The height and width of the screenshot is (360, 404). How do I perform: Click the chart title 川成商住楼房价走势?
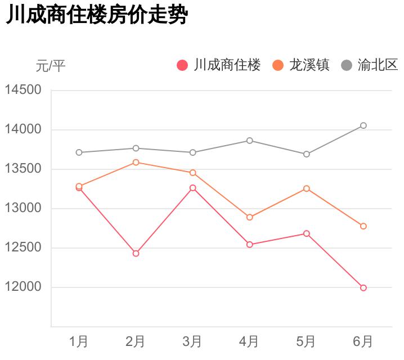[96, 16]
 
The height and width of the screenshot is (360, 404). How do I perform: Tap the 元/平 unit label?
[51, 66]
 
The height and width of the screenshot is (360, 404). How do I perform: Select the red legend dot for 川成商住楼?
[182, 65]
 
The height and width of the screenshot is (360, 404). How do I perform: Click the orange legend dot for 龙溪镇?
[278, 65]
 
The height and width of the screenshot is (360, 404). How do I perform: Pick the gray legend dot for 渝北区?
[347, 65]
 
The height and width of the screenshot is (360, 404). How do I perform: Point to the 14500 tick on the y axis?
[23, 90]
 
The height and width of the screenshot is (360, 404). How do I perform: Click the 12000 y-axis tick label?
[23, 287]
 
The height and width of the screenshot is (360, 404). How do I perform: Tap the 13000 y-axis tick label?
[23, 208]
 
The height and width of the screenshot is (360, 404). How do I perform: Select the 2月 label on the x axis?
[136, 341]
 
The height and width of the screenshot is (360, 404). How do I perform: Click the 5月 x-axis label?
[306, 341]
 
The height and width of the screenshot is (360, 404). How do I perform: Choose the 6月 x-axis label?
[363, 341]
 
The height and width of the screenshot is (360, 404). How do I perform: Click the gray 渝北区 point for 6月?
[363, 125]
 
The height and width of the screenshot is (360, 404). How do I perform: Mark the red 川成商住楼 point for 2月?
[136, 254]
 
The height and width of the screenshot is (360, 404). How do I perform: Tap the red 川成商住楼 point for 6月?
[363, 288]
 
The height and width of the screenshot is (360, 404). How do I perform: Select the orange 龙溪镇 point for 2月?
[136, 163]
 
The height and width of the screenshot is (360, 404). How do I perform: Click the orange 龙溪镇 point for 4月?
[249, 217]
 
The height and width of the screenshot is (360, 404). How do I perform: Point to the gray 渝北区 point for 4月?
[249, 141]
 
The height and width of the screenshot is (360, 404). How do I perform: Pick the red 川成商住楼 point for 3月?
[192, 188]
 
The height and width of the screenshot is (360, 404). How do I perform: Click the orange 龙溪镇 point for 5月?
[307, 188]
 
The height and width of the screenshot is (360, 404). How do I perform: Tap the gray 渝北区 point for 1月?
[79, 152]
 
